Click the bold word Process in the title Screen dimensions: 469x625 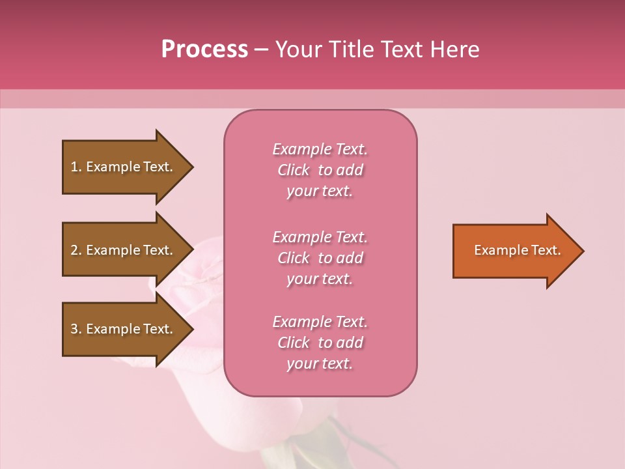(x=204, y=50)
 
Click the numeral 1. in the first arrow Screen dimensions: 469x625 (x=76, y=167)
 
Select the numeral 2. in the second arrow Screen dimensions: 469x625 (x=76, y=250)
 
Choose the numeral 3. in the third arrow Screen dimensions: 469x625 (x=76, y=329)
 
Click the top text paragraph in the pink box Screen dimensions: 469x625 (x=320, y=170)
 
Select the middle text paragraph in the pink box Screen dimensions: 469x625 (x=320, y=258)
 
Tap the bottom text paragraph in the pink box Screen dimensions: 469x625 (x=320, y=343)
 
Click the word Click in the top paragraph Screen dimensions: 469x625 (x=293, y=170)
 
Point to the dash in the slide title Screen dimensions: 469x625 (x=262, y=50)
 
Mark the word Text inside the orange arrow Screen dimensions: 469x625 (x=546, y=250)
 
